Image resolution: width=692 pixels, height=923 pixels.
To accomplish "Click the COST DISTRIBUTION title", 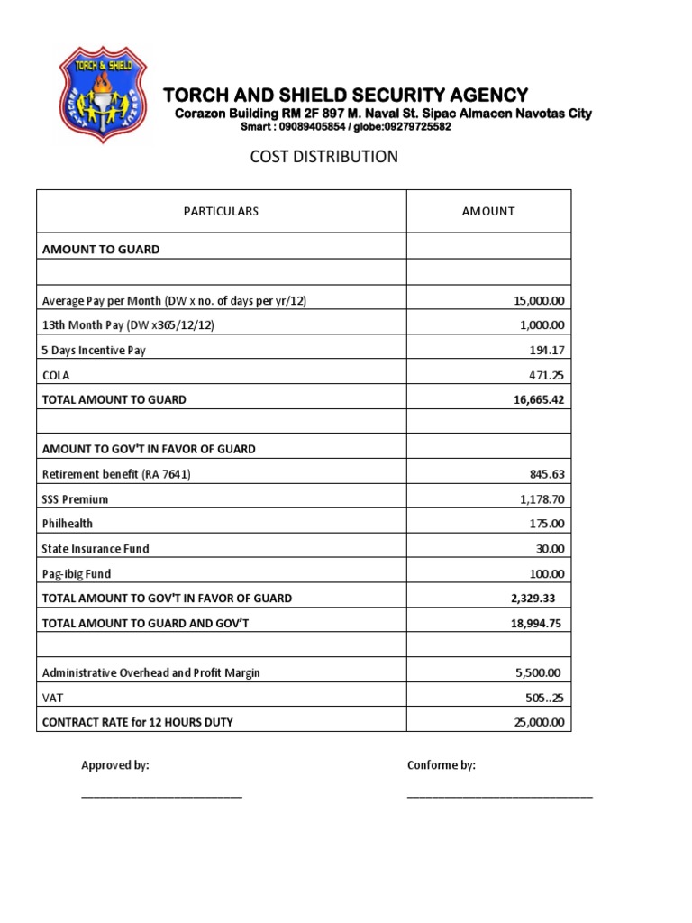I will [323, 157].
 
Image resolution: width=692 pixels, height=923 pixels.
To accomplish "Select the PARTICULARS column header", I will [221, 211].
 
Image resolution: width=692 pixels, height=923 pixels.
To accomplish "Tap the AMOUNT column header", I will [487, 211].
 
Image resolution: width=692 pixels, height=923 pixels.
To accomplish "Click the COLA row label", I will [56, 375].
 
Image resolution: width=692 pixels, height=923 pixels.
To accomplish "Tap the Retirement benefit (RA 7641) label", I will [116, 473].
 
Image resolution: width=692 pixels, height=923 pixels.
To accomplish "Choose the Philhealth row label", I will [68, 523].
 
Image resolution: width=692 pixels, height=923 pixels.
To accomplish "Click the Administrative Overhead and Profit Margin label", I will [151, 672].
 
